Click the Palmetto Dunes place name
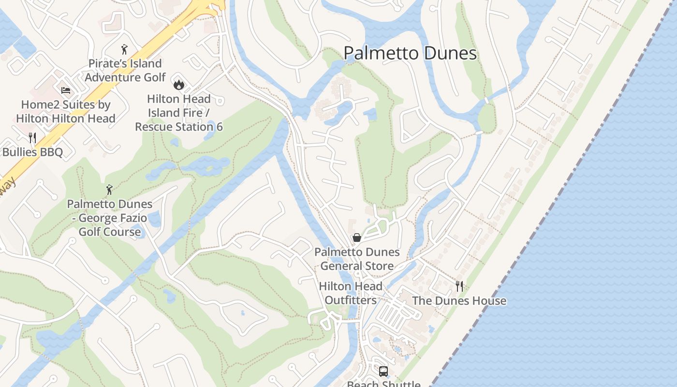(410, 53)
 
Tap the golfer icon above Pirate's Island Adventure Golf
(124, 49)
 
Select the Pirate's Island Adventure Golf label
(125, 70)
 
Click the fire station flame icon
(179, 85)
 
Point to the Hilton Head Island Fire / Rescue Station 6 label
(179, 113)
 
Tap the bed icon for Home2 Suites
(66, 90)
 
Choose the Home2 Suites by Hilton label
(66, 111)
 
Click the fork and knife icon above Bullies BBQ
(32, 138)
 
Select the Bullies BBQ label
(32, 152)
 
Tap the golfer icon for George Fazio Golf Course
(109, 190)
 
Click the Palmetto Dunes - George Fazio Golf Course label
(110, 218)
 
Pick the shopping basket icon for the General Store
(357, 238)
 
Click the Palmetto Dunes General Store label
(357, 259)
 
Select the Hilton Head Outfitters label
(351, 293)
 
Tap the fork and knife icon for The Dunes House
(459, 286)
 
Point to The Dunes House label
(459, 300)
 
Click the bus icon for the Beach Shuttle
(383, 372)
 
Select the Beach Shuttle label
(383, 384)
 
